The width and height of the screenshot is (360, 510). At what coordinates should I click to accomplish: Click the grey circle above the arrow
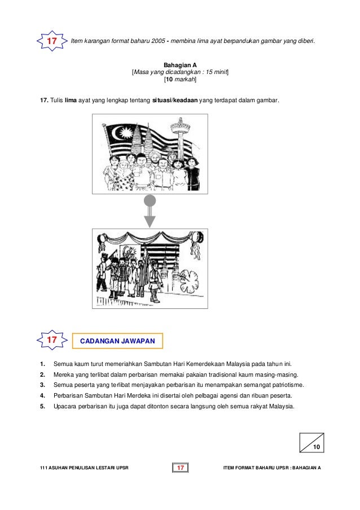(150, 200)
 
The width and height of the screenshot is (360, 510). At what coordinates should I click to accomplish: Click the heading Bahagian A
(180, 66)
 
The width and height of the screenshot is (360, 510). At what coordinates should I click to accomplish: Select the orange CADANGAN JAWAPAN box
(118, 341)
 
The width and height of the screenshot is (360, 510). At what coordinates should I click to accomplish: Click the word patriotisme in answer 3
(287, 385)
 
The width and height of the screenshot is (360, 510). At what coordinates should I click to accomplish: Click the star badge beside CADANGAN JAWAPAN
(51, 341)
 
